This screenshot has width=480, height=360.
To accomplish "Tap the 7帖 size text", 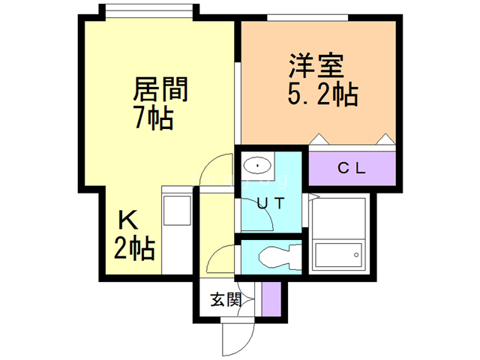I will (x=154, y=118).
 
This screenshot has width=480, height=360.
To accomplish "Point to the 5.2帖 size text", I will (x=322, y=95).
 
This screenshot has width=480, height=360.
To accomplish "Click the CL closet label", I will (x=351, y=168).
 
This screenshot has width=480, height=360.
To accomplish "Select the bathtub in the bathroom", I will (x=339, y=255).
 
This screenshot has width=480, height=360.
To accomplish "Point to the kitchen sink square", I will (x=177, y=212).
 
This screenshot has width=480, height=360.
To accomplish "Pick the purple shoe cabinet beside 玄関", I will (x=271, y=299).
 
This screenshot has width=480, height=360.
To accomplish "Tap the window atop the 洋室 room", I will (x=307, y=16).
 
